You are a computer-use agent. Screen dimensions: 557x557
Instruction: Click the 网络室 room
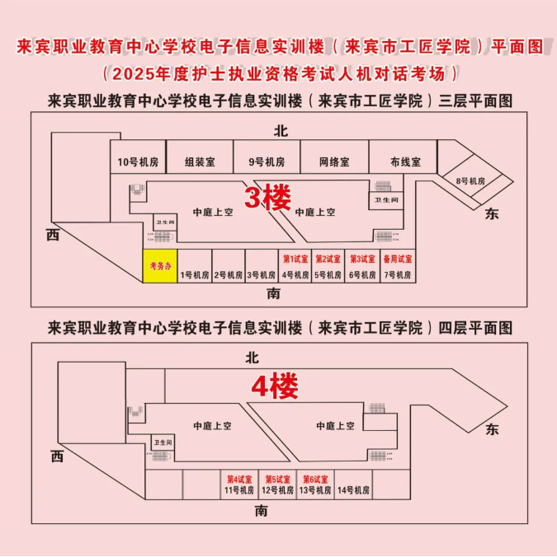click(334, 161)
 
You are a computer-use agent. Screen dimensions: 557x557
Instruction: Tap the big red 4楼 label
click(274, 384)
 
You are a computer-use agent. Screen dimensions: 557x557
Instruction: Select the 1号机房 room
click(195, 275)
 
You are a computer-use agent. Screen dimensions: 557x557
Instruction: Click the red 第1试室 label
click(295, 259)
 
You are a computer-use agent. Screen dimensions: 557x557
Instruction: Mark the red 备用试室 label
click(397, 259)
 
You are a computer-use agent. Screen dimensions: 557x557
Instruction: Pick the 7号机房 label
click(397, 275)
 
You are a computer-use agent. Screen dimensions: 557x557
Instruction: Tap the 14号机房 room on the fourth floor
click(353, 490)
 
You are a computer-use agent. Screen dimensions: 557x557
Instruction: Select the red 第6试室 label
click(315, 479)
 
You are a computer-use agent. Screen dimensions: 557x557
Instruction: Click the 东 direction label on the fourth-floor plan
click(493, 428)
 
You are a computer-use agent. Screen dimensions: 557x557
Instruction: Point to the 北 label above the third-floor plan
click(280, 131)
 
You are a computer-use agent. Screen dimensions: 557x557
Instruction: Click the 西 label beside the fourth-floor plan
click(56, 456)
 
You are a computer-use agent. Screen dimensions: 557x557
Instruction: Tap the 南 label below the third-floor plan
click(275, 293)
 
